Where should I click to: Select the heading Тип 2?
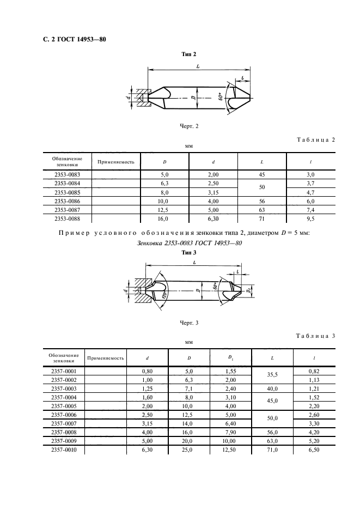pyautogui.click(x=188, y=54)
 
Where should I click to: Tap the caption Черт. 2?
pyautogui.click(x=189, y=126)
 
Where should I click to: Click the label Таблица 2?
pyautogui.click(x=316, y=140)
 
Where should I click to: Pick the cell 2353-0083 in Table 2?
pyautogui.click(x=68, y=175)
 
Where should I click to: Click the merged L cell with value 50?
pyautogui.click(x=262, y=187)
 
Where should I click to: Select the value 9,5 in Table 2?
pyautogui.click(x=310, y=219)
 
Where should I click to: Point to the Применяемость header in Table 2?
pyautogui.click(x=116, y=162)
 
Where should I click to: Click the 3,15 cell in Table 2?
pyautogui.click(x=213, y=192)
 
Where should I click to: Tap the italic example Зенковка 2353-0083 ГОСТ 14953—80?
pyautogui.click(x=190, y=243)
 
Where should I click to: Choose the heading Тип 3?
pyautogui.click(x=188, y=253)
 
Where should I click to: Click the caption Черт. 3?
pyautogui.click(x=189, y=323)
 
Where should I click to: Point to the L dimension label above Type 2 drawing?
pyautogui.click(x=198, y=66)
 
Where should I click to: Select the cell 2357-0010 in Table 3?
pyautogui.click(x=64, y=450)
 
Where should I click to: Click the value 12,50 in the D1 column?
pyautogui.click(x=230, y=450)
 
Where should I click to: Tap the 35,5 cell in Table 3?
pyautogui.click(x=272, y=375)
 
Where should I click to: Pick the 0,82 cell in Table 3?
pyautogui.click(x=314, y=371)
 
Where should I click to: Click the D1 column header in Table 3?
pyautogui.click(x=230, y=358)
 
